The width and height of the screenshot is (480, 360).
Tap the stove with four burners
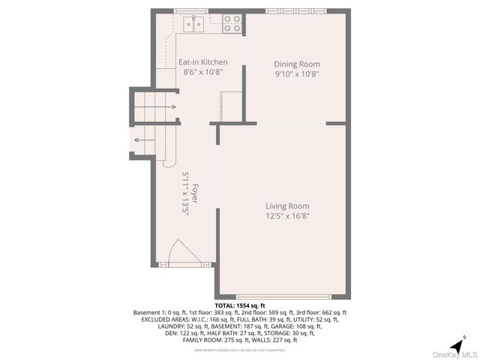tap(232, 24)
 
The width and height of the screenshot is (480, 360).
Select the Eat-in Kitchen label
tap(202, 62)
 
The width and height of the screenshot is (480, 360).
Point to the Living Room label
tap(287, 206)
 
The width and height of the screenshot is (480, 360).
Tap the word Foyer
tap(195, 194)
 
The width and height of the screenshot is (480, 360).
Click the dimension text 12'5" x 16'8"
tap(287, 216)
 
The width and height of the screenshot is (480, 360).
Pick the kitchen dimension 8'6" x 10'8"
tap(202, 72)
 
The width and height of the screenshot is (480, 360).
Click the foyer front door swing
tap(182, 252)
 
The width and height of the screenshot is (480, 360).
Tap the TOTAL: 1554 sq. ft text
tap(240, 306)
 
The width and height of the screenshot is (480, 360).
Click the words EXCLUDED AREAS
tap(164, 319)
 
